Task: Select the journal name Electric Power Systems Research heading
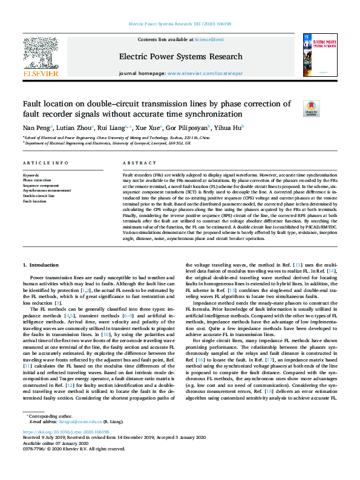180,57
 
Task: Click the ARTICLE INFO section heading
45,164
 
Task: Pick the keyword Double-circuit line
39,195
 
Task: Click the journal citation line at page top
180,25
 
